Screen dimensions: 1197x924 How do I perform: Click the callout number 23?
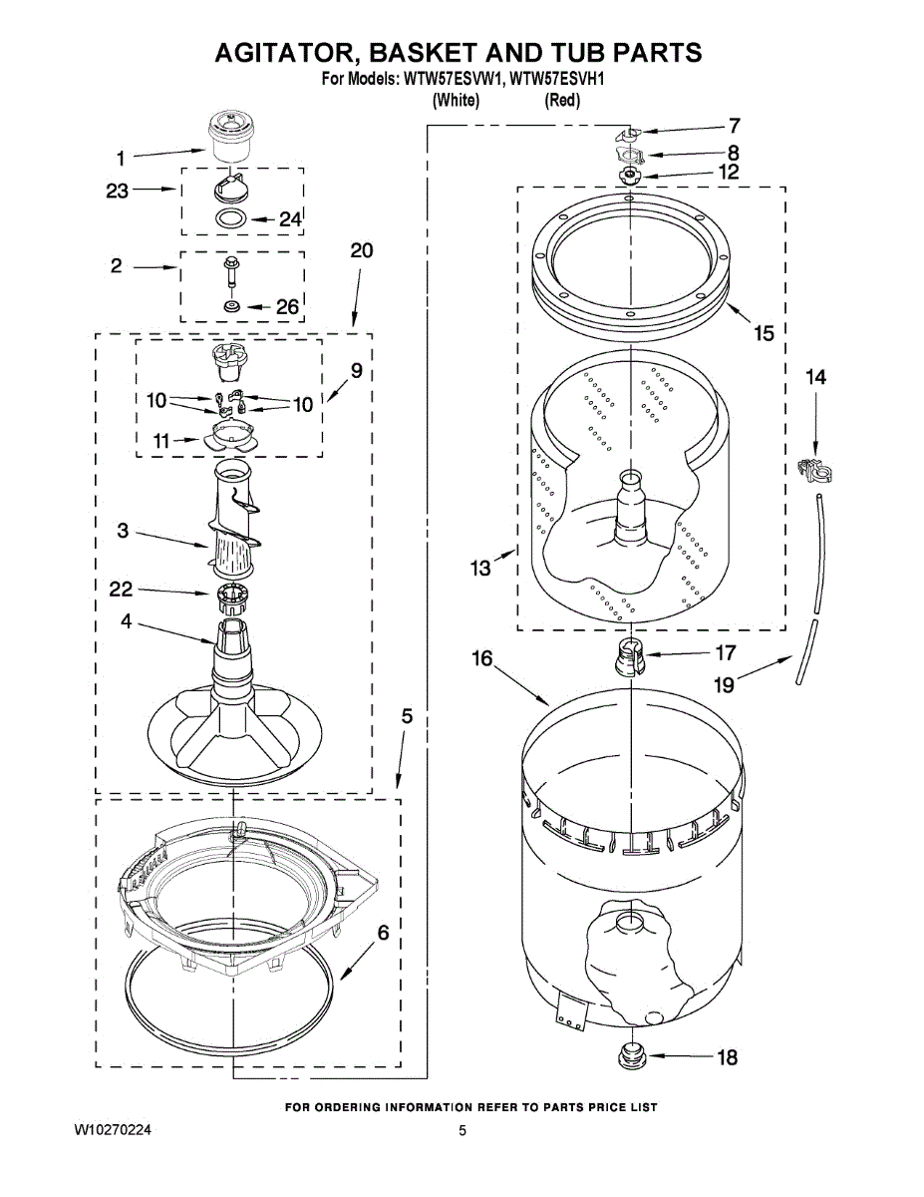coord(118,190)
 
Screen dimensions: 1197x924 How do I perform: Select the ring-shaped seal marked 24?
coord(230,218)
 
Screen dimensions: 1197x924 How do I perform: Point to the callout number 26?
coord(286,307)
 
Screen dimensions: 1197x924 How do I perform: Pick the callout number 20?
coord(361,250)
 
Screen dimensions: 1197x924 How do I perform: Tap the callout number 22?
coord(121,591)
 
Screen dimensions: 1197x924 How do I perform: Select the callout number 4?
coord(127,620)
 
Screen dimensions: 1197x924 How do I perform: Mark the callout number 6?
coord(382,934)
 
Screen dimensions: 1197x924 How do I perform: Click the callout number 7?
coord(734,126)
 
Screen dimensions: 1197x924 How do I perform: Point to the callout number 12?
coord(729,172)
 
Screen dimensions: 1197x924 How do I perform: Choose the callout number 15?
coord(764,333)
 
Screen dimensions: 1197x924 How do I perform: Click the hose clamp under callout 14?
coord(814,467)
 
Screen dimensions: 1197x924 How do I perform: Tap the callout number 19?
coord(725,684)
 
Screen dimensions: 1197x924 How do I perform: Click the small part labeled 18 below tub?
coord(630,1055)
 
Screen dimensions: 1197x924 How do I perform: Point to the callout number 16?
coord(482,659)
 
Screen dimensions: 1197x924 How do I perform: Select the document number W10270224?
coord(113,1130)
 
